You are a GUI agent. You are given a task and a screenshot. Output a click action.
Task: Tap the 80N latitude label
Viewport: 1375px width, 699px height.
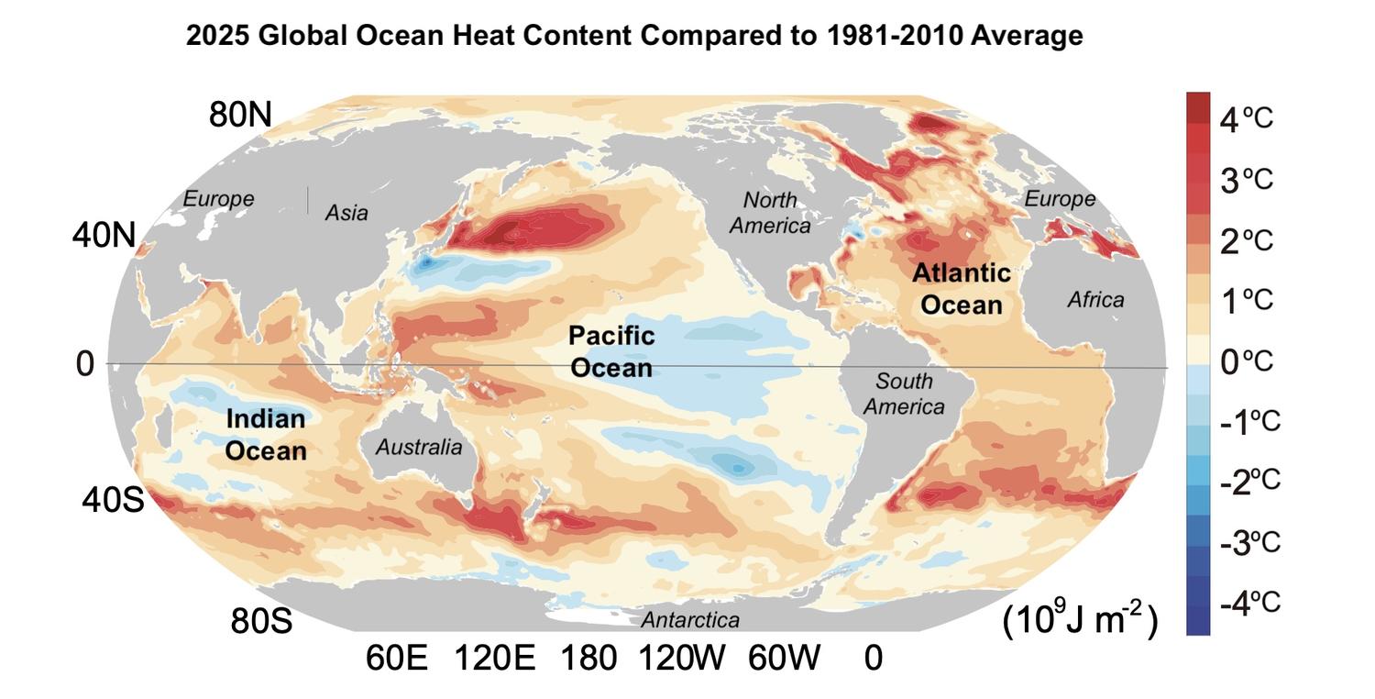click(x=241, y=115)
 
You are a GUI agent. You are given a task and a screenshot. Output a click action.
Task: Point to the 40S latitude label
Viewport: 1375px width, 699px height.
click(x=113, y=501)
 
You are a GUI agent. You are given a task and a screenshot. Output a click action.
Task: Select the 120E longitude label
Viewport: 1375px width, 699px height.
click(x=495, y=658)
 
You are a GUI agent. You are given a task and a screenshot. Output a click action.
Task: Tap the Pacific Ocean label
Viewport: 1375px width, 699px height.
click(x=610, y=351)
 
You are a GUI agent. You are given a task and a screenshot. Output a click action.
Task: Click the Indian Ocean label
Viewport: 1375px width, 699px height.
click(x=266, y=435)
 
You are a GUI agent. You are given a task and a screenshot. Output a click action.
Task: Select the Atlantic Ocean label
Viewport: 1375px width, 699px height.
click(x=962, y=288)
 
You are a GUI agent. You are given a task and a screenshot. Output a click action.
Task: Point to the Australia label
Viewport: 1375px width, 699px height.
click(x=419, y=448)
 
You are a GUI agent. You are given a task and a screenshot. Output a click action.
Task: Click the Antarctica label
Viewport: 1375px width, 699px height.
click(x=689, y=620)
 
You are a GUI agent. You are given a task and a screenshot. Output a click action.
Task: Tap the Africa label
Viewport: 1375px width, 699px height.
click(x=1095, y=299)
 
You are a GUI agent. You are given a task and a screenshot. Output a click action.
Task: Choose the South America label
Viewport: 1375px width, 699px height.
click(x=904, y=394)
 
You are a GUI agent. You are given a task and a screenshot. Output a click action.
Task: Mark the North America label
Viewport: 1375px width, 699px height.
click(x=770, y=212)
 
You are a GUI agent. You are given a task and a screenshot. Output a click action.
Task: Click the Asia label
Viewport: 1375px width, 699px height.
click(x=346, y=213)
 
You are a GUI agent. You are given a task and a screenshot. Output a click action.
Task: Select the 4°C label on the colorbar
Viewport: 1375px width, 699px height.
click(x=1246, y=117)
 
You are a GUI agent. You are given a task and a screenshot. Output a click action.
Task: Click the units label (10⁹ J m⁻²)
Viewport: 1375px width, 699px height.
click(x=1080, y=622)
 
